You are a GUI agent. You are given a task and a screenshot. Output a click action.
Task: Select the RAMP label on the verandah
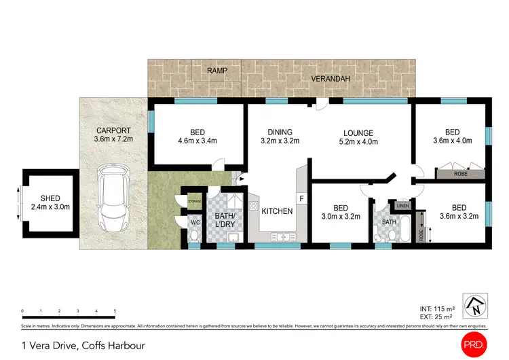tap(217, 70)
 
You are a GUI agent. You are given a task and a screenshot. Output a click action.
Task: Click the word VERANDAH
tap(331, 79)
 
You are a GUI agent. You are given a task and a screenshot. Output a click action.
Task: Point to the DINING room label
tap(280, 132)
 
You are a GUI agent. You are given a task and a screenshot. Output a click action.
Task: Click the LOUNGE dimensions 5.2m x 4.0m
tap(359, 142)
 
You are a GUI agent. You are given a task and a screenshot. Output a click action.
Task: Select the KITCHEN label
tap(277, 211)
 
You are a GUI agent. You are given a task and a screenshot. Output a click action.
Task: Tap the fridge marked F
tap(301, 198)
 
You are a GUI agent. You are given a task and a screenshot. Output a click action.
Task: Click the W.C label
tap(195, 221)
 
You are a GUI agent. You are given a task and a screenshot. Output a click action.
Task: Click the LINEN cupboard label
tap(402, 205)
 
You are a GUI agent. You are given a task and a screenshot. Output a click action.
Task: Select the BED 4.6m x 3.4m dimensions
tap(196, 142)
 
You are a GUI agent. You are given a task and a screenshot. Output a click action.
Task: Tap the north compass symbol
tap(475, 304)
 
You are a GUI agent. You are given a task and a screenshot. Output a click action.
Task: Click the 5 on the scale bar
tap(115, 310)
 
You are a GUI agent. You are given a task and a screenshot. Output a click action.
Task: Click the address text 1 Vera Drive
tap(48, 345)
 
